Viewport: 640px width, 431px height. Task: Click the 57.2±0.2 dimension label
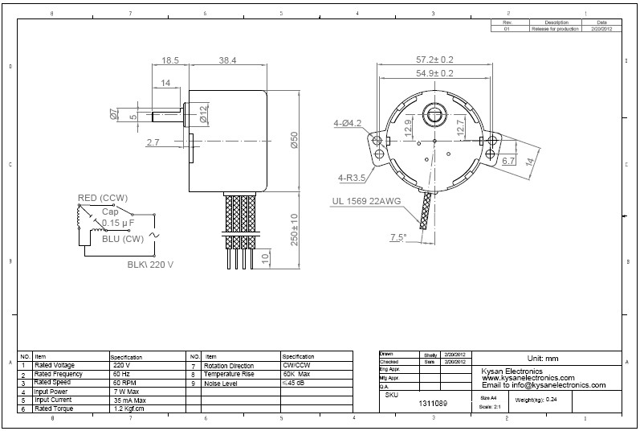click(x=434, y=60)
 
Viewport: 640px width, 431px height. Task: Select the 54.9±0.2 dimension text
click(x=434, y=73)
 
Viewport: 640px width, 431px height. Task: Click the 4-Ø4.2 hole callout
click(x=348, y=123)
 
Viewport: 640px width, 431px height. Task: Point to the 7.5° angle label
click(x=398, y=237)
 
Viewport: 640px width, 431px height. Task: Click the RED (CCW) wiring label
click(x=103, y=198)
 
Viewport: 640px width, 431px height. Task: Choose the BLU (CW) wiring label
click(x=122, y=238)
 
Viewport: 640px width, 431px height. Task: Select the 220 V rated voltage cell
click(x=122, y=365)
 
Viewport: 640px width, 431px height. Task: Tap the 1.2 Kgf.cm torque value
click(x=128, y=409)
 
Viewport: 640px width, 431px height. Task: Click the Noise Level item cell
click(x=222, y=384)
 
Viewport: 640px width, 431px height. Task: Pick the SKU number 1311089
click(x=434, y=403)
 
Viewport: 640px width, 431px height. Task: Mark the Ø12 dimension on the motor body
click(x=203, y=114)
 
